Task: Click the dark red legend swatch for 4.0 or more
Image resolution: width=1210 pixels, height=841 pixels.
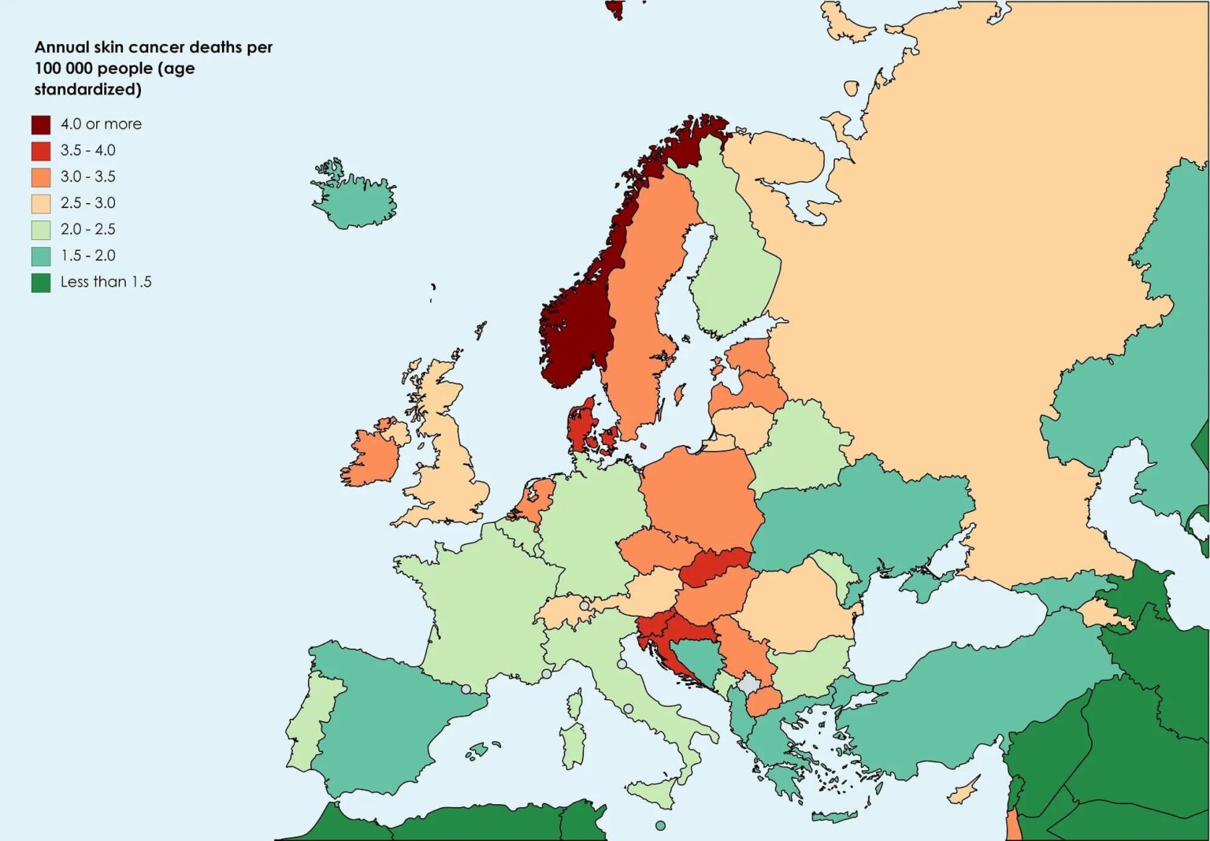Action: [x=41, y=124]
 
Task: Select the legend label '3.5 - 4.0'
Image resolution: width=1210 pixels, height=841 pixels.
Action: [x=87, y=150]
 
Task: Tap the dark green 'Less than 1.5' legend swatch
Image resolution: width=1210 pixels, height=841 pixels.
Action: [x=41, y=282]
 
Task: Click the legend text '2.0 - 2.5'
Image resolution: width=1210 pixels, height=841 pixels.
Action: [x=87, y=229]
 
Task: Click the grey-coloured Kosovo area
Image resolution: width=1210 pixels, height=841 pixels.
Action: [x=748, y=682]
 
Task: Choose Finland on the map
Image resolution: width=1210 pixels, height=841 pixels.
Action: [x=733, y=260]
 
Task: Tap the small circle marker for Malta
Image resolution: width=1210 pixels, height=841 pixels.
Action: [x=660, y=825]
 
